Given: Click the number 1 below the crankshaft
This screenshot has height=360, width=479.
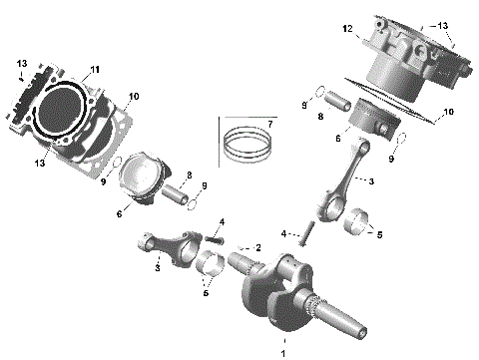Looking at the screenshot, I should (x=282, y=352).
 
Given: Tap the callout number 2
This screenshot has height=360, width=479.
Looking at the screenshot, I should (x=258, y=247).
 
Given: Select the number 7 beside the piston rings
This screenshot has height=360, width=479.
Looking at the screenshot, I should (x=267, y=124).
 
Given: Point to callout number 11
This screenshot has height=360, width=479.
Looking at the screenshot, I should (x=95, y=69).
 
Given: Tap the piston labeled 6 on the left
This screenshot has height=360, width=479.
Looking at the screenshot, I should (x=139, y=180).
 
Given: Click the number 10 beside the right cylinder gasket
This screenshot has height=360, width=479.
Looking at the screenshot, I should (x=448, y=112).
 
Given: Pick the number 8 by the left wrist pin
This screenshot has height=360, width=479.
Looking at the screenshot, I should (x=188, y=176).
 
